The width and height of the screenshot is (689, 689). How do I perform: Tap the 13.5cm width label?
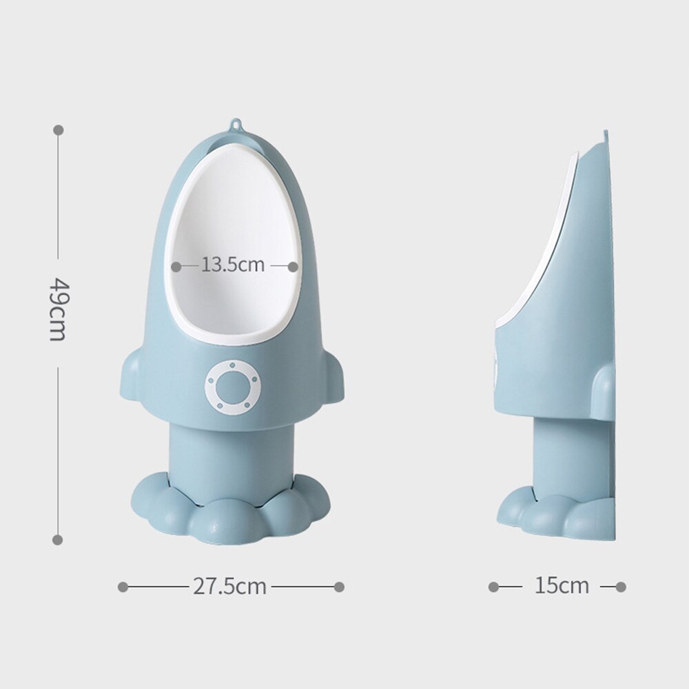coord(233,265)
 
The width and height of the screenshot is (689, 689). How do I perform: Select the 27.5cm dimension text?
coord(229,586)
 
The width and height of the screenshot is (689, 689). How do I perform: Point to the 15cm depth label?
coord(562,586)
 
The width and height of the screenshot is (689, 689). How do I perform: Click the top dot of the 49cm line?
coord(58,130)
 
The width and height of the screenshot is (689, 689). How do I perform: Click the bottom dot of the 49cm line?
coord(58,539)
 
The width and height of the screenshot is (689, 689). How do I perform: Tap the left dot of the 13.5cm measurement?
coord(176,265)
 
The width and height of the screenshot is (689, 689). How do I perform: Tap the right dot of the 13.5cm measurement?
coord(293,265)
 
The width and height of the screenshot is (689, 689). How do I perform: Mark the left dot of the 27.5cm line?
coord(123,587)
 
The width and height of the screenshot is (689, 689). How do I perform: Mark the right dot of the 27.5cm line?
coord(339,587)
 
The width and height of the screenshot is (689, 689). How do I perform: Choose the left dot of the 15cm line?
coord(493,587)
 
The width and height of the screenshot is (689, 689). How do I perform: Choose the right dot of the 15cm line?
coord(621,587)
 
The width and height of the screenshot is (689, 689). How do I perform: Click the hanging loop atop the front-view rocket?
coord(236,126)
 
